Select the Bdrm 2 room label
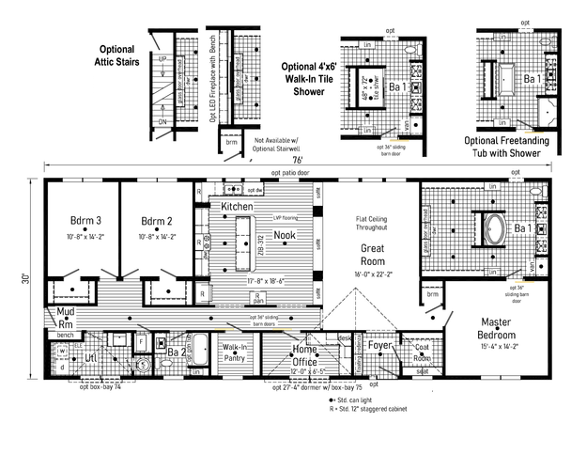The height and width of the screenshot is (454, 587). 158,222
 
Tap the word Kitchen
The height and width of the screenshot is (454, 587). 236,206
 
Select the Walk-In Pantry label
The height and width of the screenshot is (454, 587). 234,352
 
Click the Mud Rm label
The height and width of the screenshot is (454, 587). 66,316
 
